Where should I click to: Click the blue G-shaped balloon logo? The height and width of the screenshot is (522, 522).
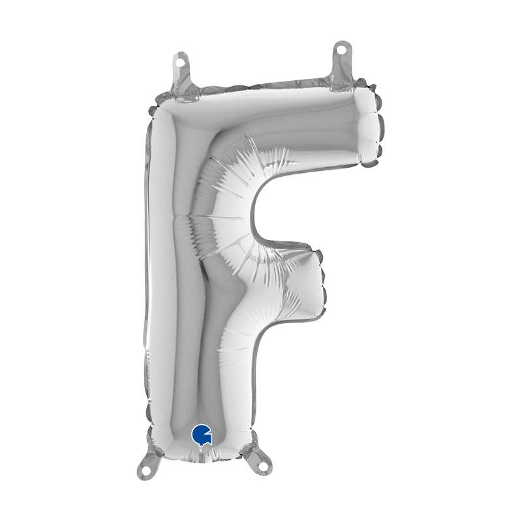(x=202, y=435)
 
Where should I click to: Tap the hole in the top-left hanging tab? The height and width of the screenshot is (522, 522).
(x=181, y=62)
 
